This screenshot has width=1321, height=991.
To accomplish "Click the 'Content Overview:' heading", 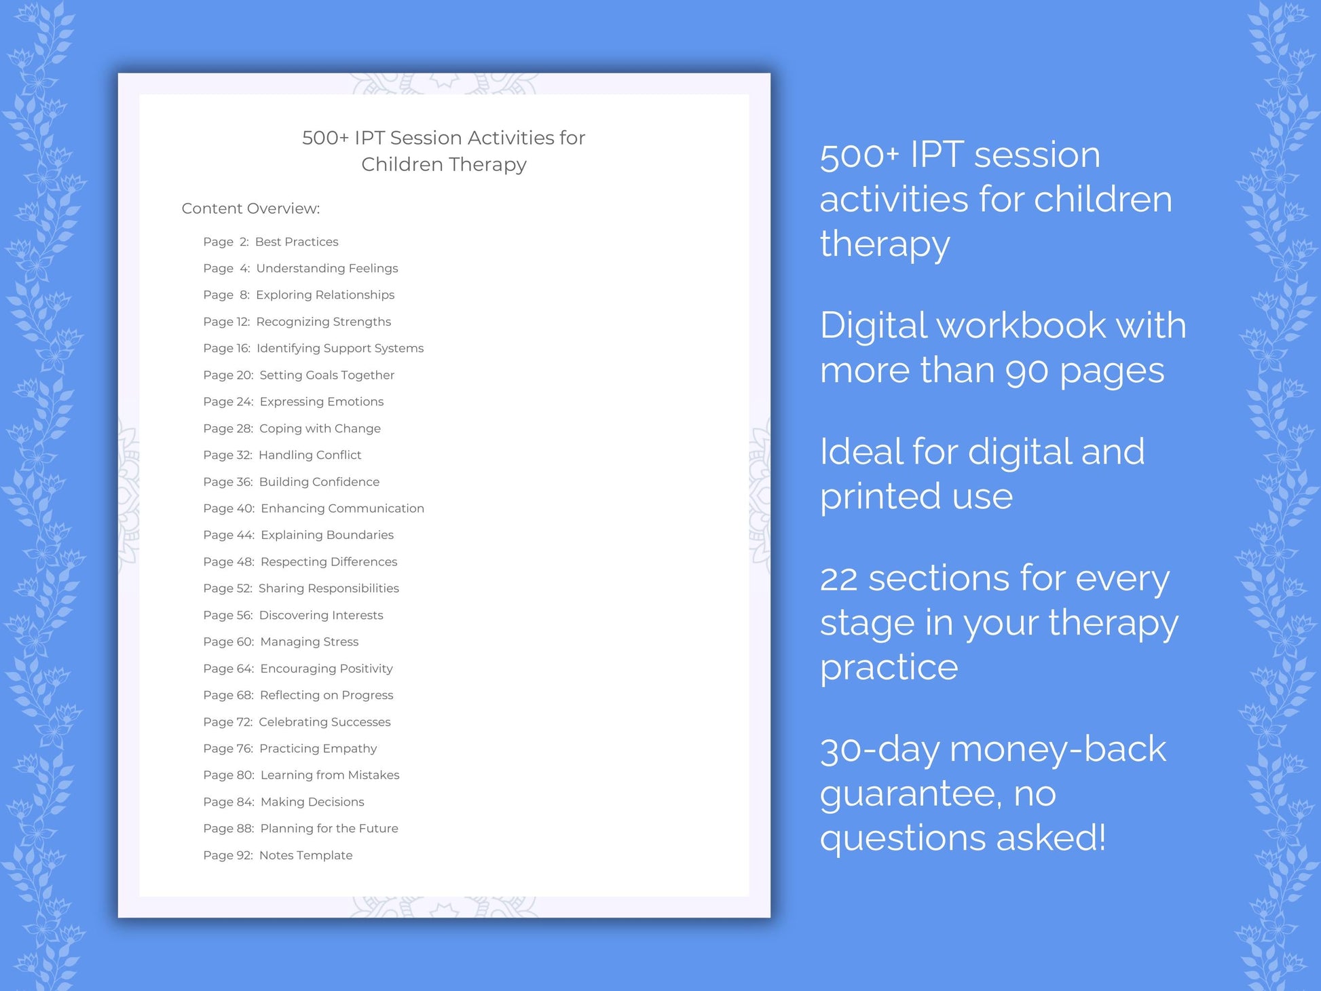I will (250, 208).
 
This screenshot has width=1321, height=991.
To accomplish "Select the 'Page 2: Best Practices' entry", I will (270, 242).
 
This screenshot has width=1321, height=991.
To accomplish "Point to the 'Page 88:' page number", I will (228, 828).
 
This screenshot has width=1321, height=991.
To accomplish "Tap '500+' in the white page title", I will (325, 138).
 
